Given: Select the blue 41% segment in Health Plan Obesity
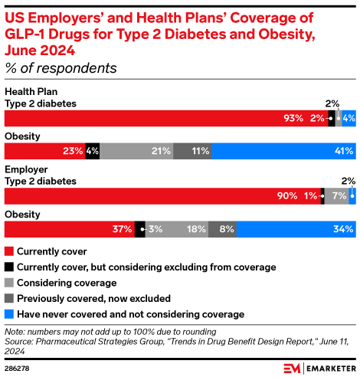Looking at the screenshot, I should coord(283,151).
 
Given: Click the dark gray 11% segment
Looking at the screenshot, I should coord(192,151).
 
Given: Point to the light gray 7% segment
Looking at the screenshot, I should coord(336,195).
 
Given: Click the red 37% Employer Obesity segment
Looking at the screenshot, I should coord(69,228).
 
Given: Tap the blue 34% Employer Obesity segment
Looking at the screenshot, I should coord(296,228).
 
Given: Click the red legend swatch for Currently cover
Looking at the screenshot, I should coord(9,251).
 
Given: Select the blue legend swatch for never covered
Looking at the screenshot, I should coord(9,314).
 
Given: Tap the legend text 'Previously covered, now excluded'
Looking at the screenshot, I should coord(93,298).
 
